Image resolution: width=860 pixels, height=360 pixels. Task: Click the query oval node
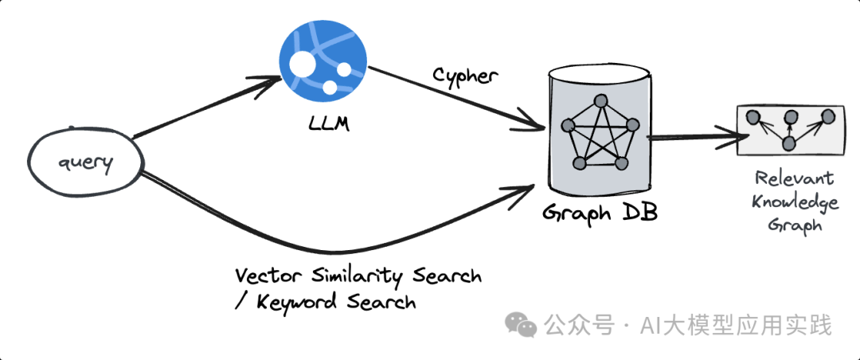pyautogui.click(x=84, y=165)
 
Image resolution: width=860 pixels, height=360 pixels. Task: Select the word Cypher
pyautogui.click(x=465, y=77)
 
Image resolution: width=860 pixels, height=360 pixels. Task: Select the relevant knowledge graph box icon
pyautogui.click(x=788, y=130)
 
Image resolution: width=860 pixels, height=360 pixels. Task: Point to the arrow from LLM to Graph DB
pyautogui.click(x=454, y=99)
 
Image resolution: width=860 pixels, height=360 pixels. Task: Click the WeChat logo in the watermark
pyautogui.click(x=522, y=325)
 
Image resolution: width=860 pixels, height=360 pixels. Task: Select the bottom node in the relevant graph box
pyautogui.click(x=789, y=143)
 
